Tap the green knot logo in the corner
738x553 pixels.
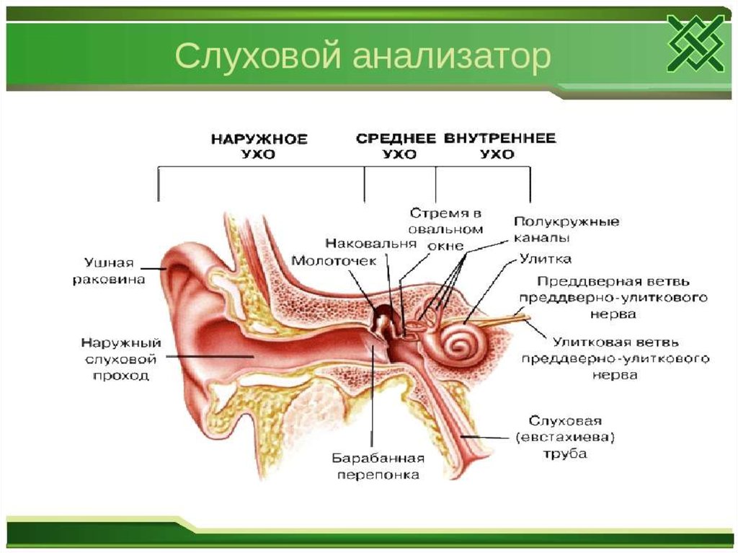pyautogui.click(x=695, y=43)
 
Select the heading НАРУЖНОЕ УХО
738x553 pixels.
pyautogui.click(x=259, y=146)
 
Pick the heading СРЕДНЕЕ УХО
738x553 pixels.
pyautogui.click(x=396, y=146)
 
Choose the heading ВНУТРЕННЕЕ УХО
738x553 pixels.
pyautogui.click(x=499, y=146)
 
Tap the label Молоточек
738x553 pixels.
pyautogui.click(x=333, y=261)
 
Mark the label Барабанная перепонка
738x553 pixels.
pyautogui.click(x=376, y=466)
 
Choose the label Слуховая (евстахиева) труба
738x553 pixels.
pyautogui.click(x=565, y=437)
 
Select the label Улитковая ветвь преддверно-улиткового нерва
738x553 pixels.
pyautogui.click(x=615, y=358)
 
